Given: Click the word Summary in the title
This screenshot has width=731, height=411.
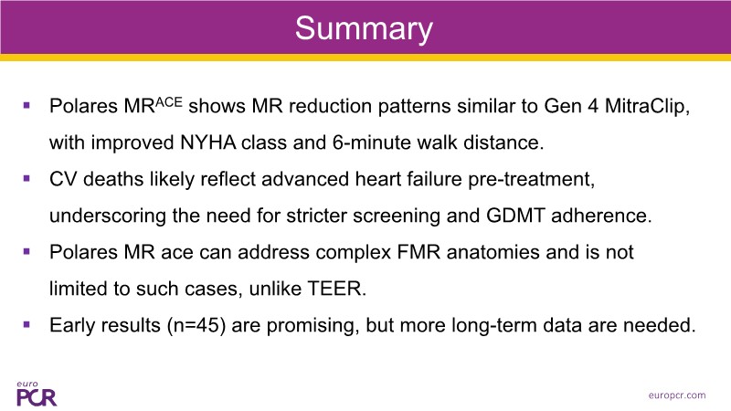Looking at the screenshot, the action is [364, 29].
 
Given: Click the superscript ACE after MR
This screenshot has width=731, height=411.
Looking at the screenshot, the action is [168, 102].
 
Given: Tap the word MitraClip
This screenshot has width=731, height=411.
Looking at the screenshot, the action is [647, 106].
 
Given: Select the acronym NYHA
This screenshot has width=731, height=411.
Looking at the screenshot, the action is [208, 142].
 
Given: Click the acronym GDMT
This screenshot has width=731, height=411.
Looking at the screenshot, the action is [515, 216].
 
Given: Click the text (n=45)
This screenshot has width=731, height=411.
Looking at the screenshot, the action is [196, 325].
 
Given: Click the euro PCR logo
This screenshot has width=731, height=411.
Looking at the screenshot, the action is [37, 395].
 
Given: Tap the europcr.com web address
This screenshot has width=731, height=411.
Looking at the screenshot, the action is [677, 395].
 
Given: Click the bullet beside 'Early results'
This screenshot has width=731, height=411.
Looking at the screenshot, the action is [26, 325].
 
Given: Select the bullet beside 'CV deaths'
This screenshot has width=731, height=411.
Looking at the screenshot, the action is [26, 178].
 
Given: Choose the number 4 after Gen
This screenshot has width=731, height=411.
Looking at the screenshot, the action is [593, 106].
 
